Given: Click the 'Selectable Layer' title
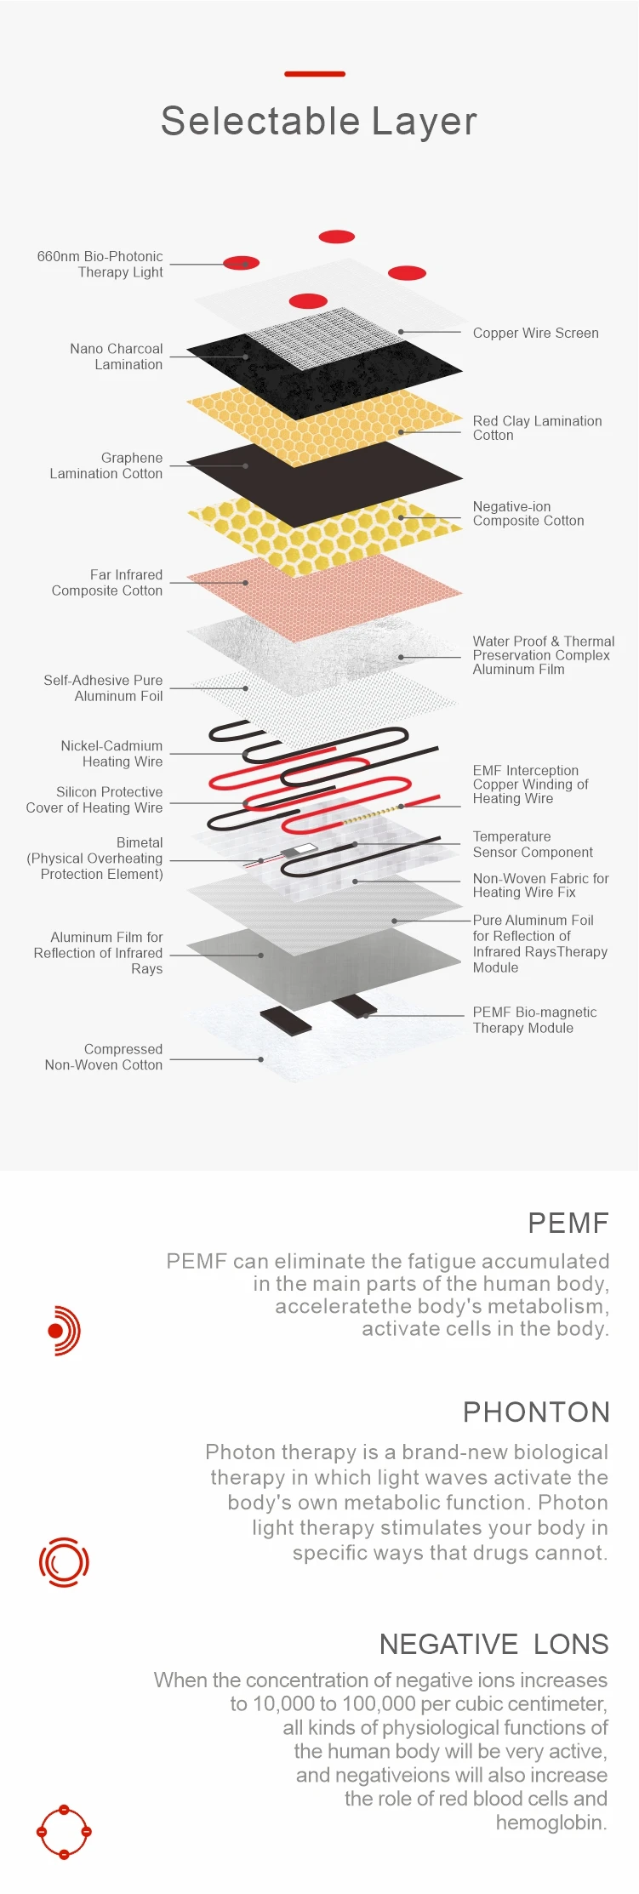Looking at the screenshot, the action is [x=319, y=121].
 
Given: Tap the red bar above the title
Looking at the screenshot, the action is [x=315, y=74].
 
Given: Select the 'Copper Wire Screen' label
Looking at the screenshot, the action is [x=535, y=333].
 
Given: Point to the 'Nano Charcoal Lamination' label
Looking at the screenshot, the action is [x=117, y=357].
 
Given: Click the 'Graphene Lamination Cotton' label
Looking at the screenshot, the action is [x=106, y=465].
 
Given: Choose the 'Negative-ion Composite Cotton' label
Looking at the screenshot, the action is [x=528, y=513].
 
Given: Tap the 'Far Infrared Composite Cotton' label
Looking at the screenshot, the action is [x=107, y=583].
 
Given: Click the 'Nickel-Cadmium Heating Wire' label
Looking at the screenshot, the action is [x=111, y=754].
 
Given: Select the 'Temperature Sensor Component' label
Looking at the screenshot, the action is [x=533, y=844].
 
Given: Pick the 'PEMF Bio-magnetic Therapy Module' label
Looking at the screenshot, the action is [x=534, y=1019].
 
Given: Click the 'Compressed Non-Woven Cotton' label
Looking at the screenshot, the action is [x=104, y=1057].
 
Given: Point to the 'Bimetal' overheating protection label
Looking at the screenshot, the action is [x=95, y=858].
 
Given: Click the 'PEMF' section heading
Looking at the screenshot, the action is [x=568, y=1223].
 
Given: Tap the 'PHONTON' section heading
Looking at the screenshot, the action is [x=536, y=1412].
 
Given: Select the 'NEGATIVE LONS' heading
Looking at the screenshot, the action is [x=494, y=1644].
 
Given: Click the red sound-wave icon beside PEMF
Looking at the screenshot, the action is [x=64, y=1330].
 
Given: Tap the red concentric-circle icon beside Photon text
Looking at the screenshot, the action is [x=64, y=1561].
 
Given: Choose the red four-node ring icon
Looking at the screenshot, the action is [x=64, y=1831].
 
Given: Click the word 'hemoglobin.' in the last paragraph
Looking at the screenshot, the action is [x=551, y=1823].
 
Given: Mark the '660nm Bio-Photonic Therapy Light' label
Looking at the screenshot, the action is [x=100, y=264].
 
